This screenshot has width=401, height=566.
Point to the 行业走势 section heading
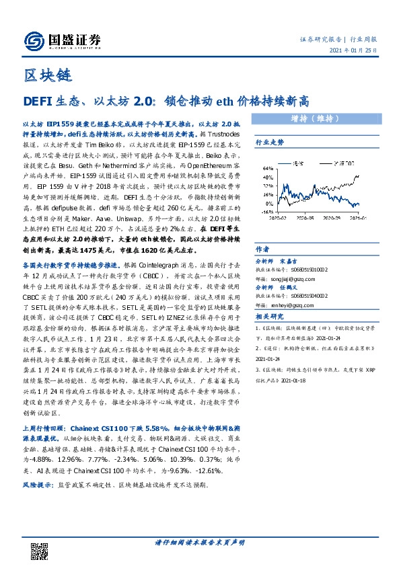click(x=269, y=143)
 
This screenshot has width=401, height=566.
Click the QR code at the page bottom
click(x=41, y=542)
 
